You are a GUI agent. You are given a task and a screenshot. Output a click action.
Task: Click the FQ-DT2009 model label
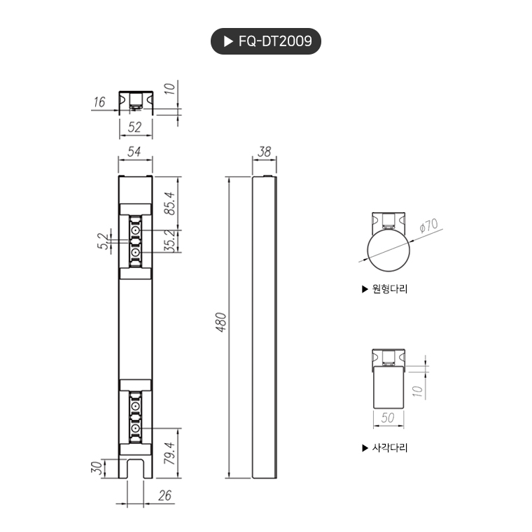(x=275, y=41)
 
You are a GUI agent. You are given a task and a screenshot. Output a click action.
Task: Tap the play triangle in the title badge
(x=228, y=41)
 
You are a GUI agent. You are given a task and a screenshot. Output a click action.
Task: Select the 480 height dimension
(x=221, y=322)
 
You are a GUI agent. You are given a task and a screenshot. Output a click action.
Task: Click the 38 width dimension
(x=265, y=152)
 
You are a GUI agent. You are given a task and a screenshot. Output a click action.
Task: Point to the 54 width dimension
(x=134, y=152)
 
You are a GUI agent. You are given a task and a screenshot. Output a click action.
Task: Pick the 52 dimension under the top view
(x=134, y=127)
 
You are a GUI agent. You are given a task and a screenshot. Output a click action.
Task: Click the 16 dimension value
(x=99, y=101)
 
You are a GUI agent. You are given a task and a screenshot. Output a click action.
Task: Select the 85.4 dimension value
(x=169, y=203)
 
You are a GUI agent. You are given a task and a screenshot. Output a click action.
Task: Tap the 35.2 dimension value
(x=169, y=241)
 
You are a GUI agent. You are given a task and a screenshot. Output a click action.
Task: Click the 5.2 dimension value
(x=103, y=241)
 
